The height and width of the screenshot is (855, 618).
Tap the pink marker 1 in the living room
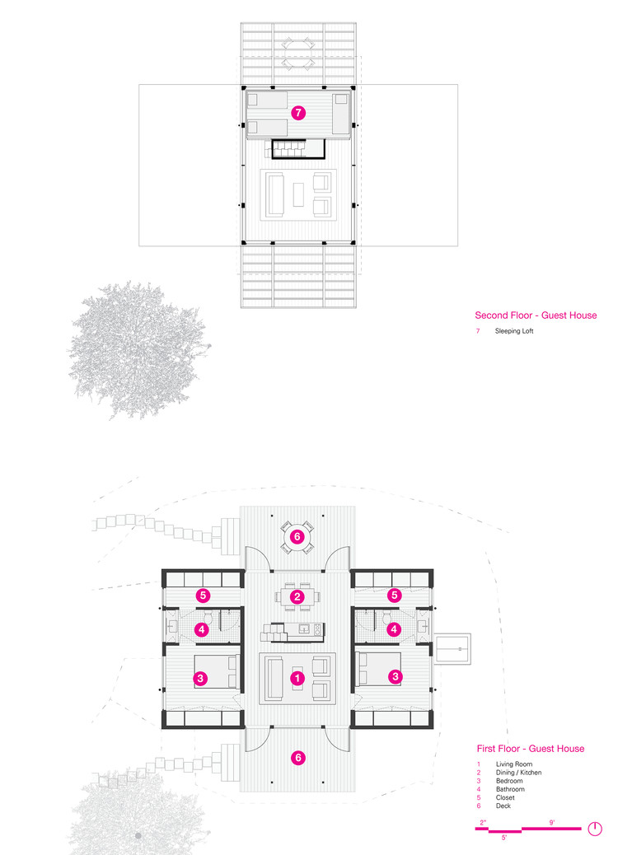tap(298, 679)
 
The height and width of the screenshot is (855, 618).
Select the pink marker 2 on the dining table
tap(298, 596)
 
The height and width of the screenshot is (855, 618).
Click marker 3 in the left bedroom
tap(199, 679)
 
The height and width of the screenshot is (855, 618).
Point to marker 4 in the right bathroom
tap(395, 629)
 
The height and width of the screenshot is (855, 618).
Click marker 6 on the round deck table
tap(298, 535)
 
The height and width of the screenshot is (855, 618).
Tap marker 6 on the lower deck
tap(298, 756)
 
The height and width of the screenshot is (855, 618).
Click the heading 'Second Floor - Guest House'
tap(536, 315)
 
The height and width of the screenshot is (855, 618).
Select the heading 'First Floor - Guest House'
tap(531, 749)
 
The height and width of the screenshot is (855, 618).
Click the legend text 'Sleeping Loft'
tap(513, 331)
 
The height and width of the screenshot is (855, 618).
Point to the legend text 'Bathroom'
tap(509, 789)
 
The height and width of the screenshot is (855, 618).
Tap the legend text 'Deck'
tap(503, 806)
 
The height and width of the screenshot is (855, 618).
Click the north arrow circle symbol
tap(594, 829)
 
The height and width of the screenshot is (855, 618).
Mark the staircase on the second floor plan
tap(294, 149)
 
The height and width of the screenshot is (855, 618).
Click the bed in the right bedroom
tap(378, 668)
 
